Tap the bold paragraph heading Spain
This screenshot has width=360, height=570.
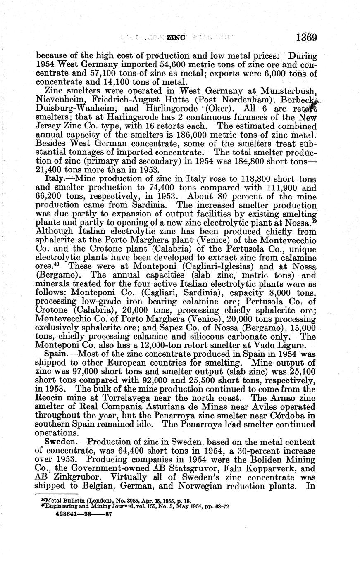point(55,354)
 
